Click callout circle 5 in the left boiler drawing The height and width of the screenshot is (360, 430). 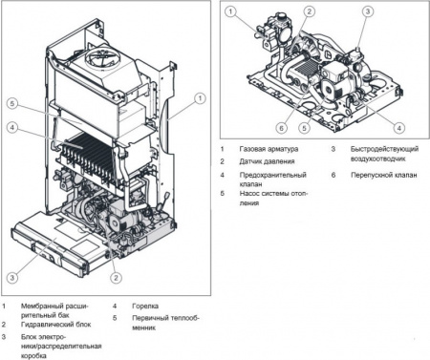tap(11, 103)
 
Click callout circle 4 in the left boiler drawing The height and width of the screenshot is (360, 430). tap(11, 127)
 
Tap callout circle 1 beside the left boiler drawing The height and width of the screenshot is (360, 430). tap(198, 96)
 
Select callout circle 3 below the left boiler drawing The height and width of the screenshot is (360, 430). tap(11, 277)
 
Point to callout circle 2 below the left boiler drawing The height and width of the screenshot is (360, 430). tap(116, 277)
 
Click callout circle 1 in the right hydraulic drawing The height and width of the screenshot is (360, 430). tap(233, 11)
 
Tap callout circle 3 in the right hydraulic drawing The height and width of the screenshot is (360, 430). tap(367, 11)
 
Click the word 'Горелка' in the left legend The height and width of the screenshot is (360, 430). tap(140, 307)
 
